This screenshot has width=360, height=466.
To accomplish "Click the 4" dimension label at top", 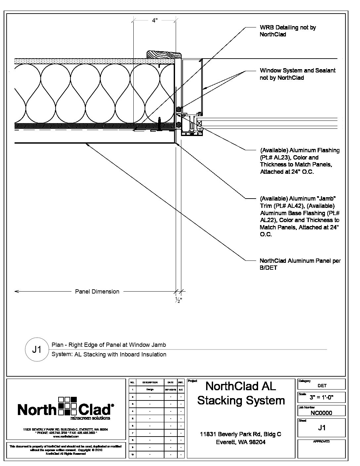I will (x=155, y=21).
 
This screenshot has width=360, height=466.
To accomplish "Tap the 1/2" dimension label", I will (x=178, y=300).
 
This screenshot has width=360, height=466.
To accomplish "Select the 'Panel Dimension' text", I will (x=97, y=292).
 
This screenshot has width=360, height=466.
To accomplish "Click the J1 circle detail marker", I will (x=37, y=349).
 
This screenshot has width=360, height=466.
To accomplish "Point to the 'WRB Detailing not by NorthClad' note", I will (x=288, y=31).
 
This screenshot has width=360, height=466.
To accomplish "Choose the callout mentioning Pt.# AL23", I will (x=299, y=161).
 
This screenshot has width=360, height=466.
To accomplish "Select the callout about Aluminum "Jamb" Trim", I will (x=299, y=216).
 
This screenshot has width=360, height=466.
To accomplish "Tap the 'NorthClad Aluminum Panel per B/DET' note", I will (x=300, y=264).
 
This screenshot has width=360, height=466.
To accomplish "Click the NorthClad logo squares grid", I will (x=67, y=405).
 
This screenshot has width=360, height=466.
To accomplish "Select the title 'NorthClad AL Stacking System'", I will (x=241, y=393).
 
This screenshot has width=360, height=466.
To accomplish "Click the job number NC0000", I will (x=321, y=413).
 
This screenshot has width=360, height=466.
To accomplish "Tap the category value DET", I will (x=322, y=386).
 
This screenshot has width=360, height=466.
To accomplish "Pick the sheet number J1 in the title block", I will (x=322, y=428).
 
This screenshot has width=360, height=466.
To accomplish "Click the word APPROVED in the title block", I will (x=321, y=442).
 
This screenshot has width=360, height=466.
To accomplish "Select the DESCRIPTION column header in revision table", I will (x=150, y=382).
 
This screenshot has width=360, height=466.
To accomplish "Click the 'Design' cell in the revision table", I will (x=150, y=389).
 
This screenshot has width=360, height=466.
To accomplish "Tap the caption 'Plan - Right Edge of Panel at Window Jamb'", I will (x=109, y=345).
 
